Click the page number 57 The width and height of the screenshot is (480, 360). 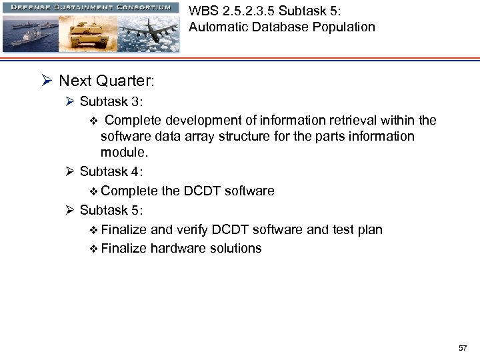coord(463,349)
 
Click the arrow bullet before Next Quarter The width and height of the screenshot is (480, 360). coord(47,81)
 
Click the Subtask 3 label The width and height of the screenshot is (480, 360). coord(111,101)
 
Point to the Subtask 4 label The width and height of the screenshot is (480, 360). coord(111,171)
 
